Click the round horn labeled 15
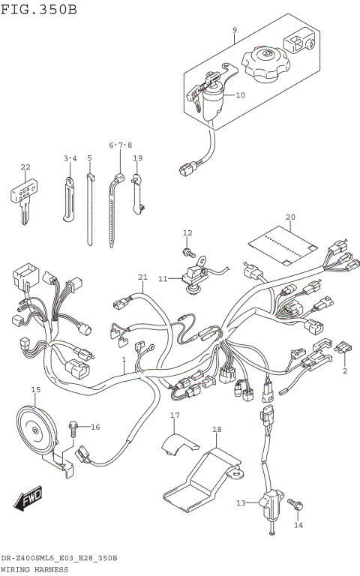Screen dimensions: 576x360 36,428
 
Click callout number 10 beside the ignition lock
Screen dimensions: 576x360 240,95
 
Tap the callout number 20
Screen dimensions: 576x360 290,218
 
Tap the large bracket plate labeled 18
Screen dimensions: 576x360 206,477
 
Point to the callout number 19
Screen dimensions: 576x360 138,158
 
